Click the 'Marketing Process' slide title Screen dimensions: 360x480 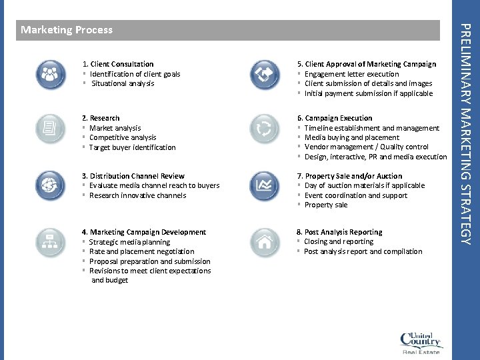coord(67,30)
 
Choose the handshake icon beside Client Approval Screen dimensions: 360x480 coord(264,74)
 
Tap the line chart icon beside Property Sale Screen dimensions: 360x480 coord(264,185)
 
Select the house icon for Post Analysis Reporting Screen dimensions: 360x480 coord(264,241)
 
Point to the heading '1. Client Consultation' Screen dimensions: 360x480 coord(117,64)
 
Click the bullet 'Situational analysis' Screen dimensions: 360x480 coord(123,83)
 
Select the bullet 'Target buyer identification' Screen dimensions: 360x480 coord(132,147)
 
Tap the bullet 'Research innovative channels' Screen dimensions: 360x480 coord(137,195)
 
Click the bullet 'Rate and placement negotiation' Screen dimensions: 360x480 coord(141,251)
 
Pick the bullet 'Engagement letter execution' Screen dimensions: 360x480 coord(351,74)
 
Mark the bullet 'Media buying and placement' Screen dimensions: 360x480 coord(351,137)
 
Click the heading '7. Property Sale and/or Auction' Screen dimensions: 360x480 coord(349,176)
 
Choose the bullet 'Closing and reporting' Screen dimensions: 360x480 coord(339,241)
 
